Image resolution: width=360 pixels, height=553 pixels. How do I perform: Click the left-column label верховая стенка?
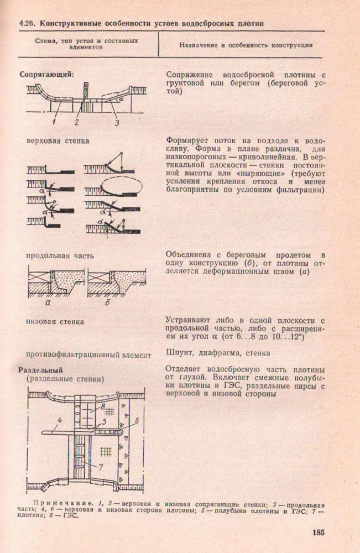[x=58, y=140]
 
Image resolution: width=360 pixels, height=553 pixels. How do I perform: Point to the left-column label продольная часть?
[x=60, y=255]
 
